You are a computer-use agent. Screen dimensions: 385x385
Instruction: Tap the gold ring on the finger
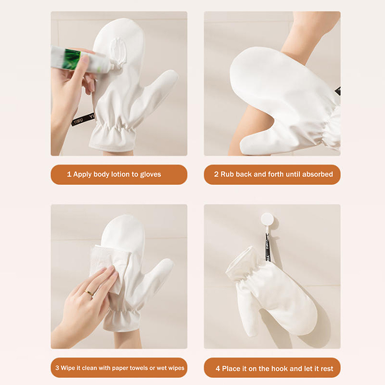[90, 293]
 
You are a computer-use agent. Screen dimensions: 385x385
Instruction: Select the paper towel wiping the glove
[109, 265]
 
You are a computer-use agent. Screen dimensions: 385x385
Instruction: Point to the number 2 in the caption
[216, 174]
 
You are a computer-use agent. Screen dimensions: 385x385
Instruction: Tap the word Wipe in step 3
[68, 368]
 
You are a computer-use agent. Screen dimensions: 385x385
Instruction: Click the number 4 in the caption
[218, 369]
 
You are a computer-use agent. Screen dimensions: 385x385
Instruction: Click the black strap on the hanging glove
[267, 248]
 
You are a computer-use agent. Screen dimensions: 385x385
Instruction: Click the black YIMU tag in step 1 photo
[83, 119]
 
